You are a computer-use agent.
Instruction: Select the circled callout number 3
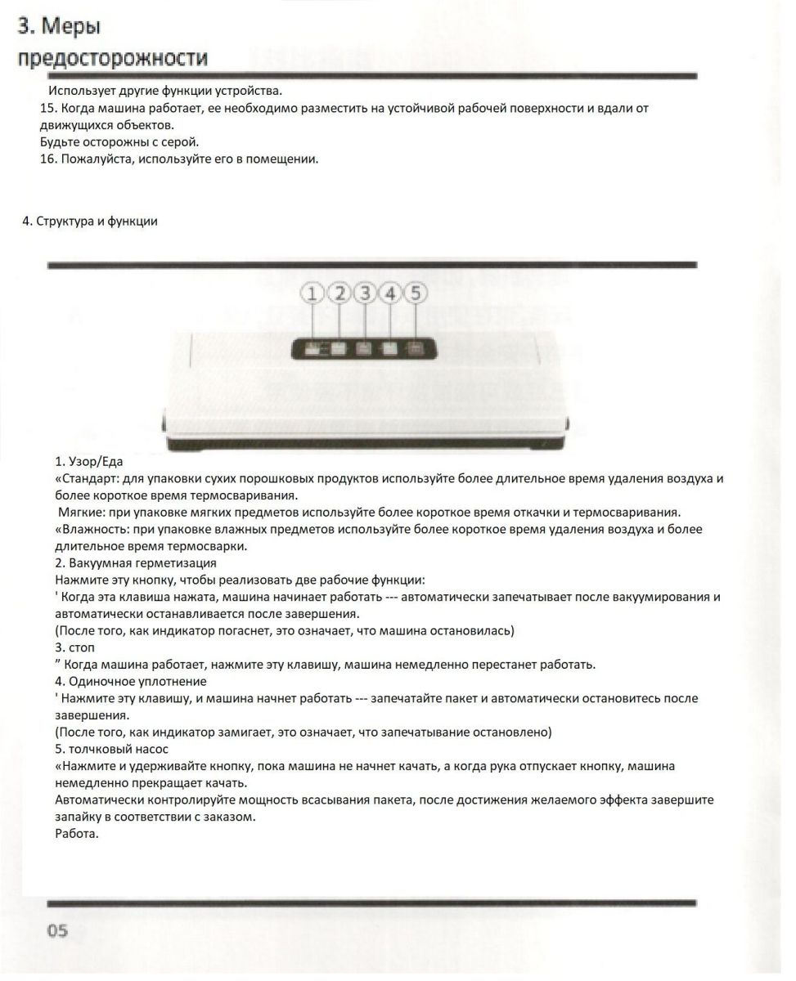pos(366,293)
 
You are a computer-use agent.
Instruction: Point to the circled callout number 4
pos(391,293)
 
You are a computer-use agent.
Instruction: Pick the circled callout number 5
pos(416,293)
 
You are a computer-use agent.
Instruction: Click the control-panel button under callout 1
pos(313,349)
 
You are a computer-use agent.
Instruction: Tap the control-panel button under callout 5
pos(416,349)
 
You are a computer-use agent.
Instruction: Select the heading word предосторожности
pos(113,59)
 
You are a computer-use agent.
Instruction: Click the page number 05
pos(57,930)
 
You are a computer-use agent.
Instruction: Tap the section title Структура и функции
pos(97,222)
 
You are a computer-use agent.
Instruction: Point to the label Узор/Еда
pos(94,462)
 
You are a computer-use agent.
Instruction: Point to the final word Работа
pos(77,834)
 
